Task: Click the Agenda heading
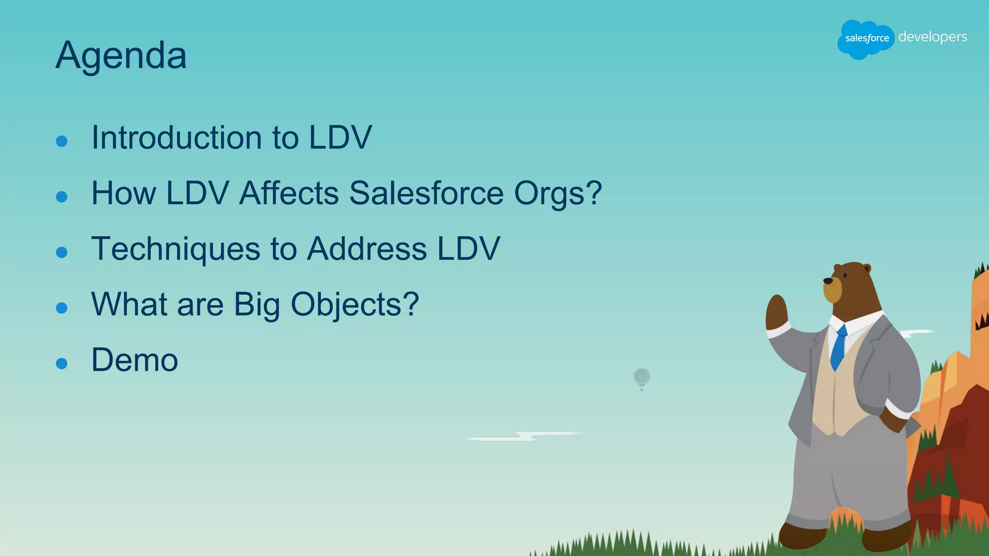point(121,56)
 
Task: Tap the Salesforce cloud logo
point(866,39)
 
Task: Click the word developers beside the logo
point(932,37)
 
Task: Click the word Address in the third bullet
point(367,249)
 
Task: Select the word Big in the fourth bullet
point(257,305)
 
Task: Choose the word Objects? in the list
point(354,305)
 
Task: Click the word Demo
point(135,360)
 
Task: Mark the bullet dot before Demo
point(61,363)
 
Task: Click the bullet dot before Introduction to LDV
point(61,141)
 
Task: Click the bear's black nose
point(828,281)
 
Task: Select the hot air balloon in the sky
point(642,377)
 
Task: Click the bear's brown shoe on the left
point(802,535)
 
